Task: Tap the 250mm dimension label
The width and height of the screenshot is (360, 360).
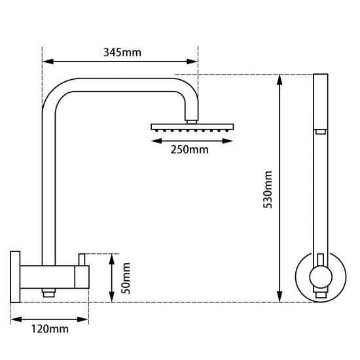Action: pos(189,150)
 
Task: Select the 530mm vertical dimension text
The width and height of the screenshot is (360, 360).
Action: pos(267,190)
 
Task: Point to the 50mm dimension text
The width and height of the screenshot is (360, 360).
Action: pos(126,278)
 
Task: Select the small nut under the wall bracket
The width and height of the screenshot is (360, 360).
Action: pos(48,294)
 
